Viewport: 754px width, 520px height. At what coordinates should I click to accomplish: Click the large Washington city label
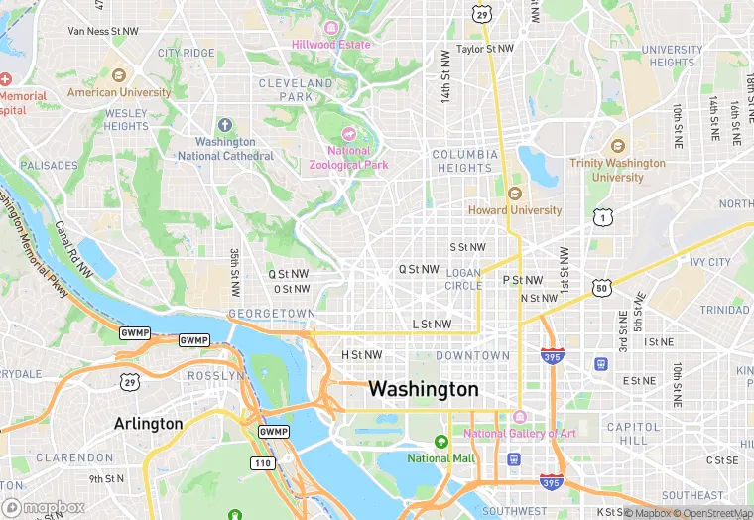424,389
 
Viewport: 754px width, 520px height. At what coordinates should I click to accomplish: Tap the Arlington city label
149,423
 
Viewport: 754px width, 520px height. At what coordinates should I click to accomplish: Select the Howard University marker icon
514,194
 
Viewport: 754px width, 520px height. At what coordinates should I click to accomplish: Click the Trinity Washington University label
617,170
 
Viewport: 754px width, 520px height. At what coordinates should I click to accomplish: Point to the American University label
119,92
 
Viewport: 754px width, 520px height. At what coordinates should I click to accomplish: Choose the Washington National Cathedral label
226,149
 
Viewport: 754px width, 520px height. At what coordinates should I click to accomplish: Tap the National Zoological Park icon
348,134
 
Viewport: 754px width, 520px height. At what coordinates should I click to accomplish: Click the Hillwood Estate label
331,45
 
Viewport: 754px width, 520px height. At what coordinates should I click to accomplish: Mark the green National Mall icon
441,442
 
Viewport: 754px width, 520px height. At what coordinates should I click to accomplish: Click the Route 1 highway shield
601,216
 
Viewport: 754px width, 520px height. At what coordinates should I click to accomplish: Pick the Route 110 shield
262,462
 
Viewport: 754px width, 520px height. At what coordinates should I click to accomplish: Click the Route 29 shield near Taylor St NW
482,14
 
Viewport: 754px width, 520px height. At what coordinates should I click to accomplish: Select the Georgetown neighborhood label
271,313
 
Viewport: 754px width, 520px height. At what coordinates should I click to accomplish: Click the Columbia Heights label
464,161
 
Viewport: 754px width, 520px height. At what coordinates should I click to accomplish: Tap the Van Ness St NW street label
103,31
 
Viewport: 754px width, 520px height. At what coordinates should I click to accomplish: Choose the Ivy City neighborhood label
710,263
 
